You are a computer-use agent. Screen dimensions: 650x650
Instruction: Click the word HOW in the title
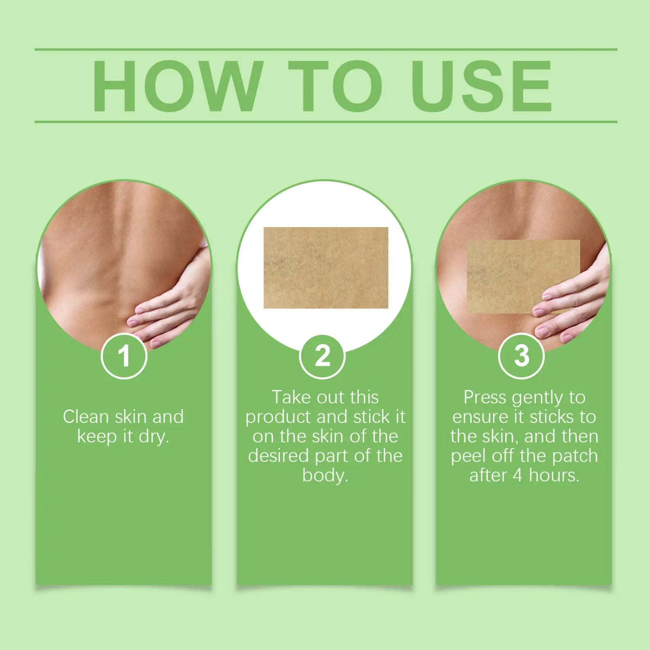178,86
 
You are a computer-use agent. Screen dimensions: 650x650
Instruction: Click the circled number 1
124,356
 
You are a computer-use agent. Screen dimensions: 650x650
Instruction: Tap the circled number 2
322,356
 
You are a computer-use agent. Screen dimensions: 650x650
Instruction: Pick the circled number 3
521,356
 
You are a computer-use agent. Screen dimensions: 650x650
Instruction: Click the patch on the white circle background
326,268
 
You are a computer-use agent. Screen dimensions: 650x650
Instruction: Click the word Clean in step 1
85,417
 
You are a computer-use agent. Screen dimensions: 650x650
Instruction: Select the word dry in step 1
153,437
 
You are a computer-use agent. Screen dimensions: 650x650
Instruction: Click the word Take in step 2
292,397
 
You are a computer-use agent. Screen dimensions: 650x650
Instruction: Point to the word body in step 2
324,475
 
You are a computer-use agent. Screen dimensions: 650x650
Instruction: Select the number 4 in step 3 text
517,475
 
